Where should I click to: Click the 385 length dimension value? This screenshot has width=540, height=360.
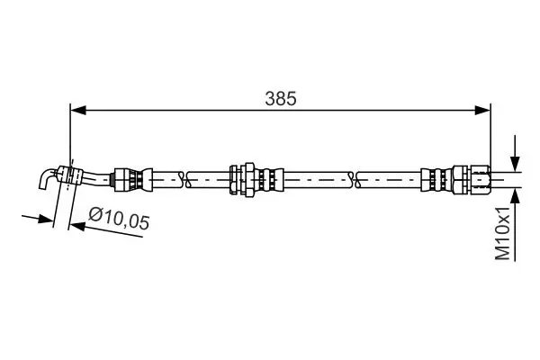click(280, 99)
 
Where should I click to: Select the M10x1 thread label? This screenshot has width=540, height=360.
click(502, 234)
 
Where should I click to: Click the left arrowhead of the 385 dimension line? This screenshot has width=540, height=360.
click(77, 110)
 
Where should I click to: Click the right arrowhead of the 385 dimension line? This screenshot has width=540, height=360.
click(482, 110)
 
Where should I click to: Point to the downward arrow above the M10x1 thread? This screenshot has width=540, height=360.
click(515, 153)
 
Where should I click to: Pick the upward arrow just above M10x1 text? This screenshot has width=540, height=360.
click(515, 207)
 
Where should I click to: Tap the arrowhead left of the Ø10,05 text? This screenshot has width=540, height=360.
click(77, 226)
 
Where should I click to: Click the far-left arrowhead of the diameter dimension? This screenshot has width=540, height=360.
click(46, 219)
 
